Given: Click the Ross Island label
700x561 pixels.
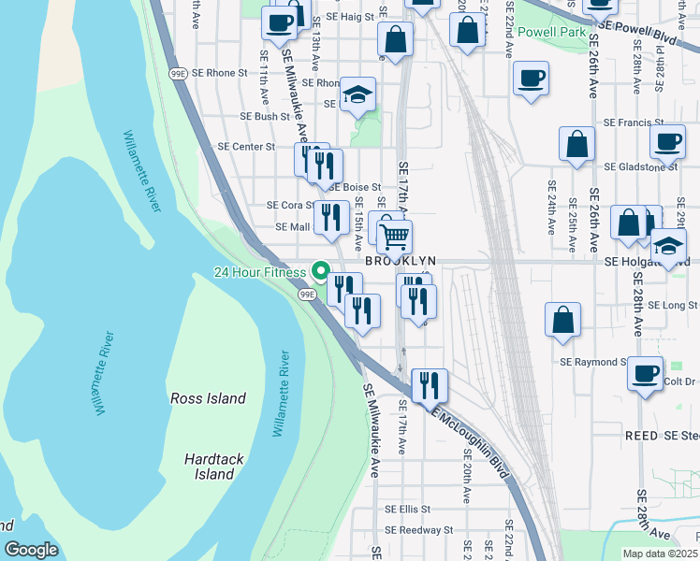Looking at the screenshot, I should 208,398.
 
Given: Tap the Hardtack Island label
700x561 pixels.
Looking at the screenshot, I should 208,467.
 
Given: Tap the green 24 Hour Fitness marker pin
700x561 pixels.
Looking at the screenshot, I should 321,272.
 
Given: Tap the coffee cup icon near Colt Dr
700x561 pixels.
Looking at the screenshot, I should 645,373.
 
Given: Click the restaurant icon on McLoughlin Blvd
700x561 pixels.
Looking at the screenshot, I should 430,382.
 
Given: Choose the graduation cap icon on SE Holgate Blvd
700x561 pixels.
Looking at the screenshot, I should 669,245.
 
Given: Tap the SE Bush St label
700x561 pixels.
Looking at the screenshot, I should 265,117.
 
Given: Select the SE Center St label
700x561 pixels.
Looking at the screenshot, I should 246,147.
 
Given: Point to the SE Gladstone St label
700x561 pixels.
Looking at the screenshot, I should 641,166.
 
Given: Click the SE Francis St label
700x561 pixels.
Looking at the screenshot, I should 634,122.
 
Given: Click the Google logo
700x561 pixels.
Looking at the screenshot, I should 31,550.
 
